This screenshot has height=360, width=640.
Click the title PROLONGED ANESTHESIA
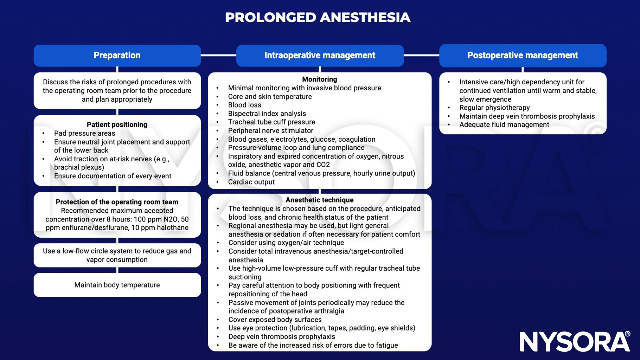(x=318, y=18)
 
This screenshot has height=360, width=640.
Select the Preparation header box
(x=117, y=56)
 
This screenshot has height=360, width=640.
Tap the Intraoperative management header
(x=320, y=56)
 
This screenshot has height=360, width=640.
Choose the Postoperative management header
(x=523, y=56)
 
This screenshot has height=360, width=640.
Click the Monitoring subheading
(x=319, y=79)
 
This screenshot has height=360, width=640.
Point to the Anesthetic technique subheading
(x=319, y=200)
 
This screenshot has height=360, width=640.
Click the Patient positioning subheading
(x=117, y=125)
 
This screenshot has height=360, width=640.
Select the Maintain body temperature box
(x=117, y=285)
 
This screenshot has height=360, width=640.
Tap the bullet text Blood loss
(x=244, y=105)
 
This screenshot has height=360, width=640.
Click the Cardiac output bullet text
(x=251, y=182)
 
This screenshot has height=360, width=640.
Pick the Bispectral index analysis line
(x=267, y=114)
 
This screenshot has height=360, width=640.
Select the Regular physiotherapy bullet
(x=494, y=108)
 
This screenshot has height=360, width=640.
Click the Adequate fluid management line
(x=504, y=125)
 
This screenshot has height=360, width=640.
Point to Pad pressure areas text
(x=84, y=133)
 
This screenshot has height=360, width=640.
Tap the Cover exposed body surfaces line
(x=275, y=320)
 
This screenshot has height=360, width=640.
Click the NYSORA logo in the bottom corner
(x=575, y=341)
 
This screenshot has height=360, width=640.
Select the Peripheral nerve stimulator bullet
(x=270, y=131)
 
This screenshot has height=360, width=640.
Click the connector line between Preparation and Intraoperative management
(x=218, y=55)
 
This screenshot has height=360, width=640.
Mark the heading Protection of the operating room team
(x=117, y=202)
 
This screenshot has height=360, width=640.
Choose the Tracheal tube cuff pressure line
(x=271, y=122)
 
